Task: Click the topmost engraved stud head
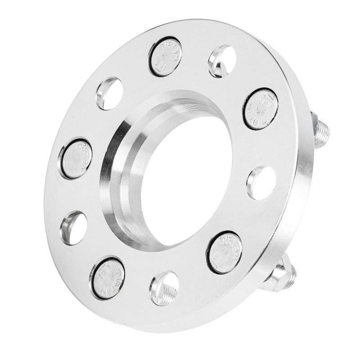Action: coord(165,56)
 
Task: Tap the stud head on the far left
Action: coord(76,158)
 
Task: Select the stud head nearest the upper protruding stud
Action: coord(261,108)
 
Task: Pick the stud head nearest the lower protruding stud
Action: coord(225,252)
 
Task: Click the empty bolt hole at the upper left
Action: coord(109,93)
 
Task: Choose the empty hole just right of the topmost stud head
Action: coord(222,61)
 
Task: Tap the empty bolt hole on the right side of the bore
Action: coord(261,183)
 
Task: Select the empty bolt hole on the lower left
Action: coord(74,228)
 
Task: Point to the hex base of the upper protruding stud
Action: coord(314,121)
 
